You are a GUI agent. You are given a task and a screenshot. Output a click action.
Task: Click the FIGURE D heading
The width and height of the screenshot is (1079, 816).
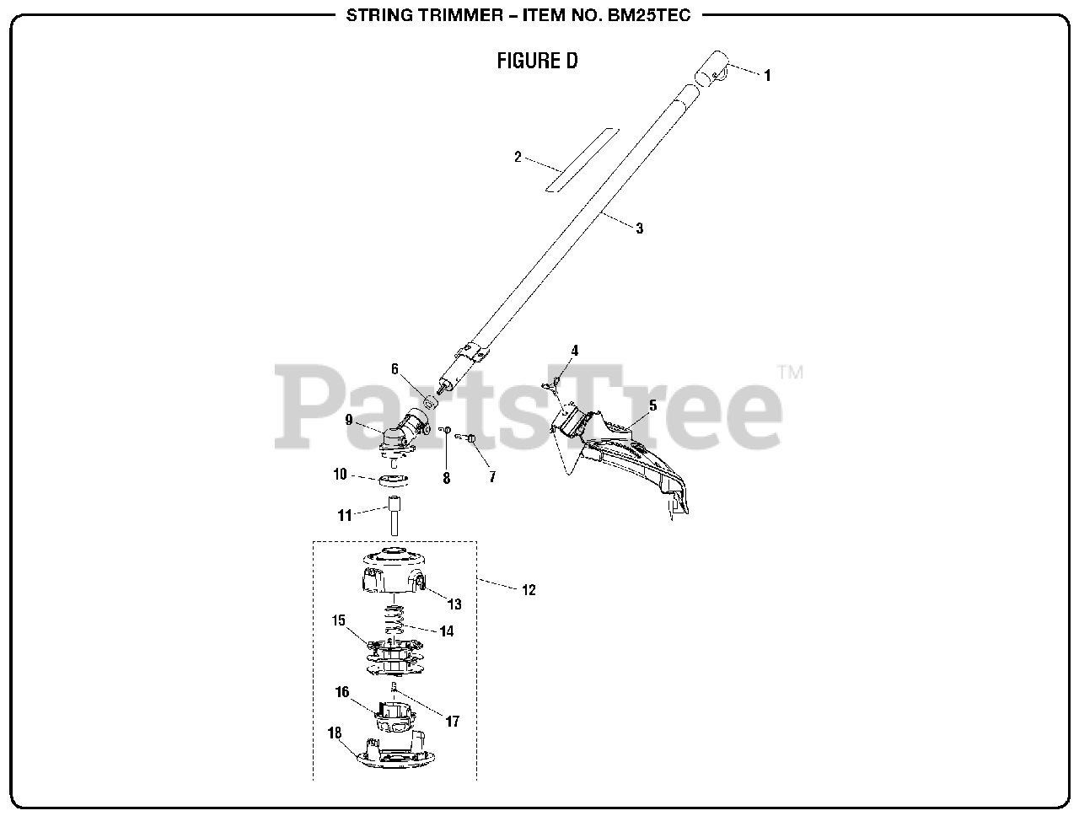click(537, 61)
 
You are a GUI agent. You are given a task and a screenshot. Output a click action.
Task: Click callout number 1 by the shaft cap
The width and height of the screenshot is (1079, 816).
click(767, 75)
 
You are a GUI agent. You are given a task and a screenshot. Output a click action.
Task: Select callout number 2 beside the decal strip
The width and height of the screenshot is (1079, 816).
click(518, 157)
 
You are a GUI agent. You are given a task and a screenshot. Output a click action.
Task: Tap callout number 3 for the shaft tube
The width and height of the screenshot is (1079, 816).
click(639, 228)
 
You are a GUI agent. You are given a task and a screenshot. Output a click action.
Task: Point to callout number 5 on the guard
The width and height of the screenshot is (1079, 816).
click(652, 406)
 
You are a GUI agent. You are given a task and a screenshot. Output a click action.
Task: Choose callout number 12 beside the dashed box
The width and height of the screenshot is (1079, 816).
click(529, 590)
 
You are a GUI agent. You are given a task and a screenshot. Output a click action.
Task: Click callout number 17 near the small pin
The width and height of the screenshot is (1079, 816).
click(453, 722)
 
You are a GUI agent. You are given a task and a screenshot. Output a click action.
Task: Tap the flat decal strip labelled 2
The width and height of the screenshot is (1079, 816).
click(582, 159)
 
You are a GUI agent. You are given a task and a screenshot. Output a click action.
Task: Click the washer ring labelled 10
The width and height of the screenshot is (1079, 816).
click(393, 480)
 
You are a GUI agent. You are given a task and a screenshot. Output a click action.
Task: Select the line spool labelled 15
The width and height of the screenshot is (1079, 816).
click(394, 658)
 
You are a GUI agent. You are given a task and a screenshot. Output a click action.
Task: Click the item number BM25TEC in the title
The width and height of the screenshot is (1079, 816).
click(649, 15)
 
